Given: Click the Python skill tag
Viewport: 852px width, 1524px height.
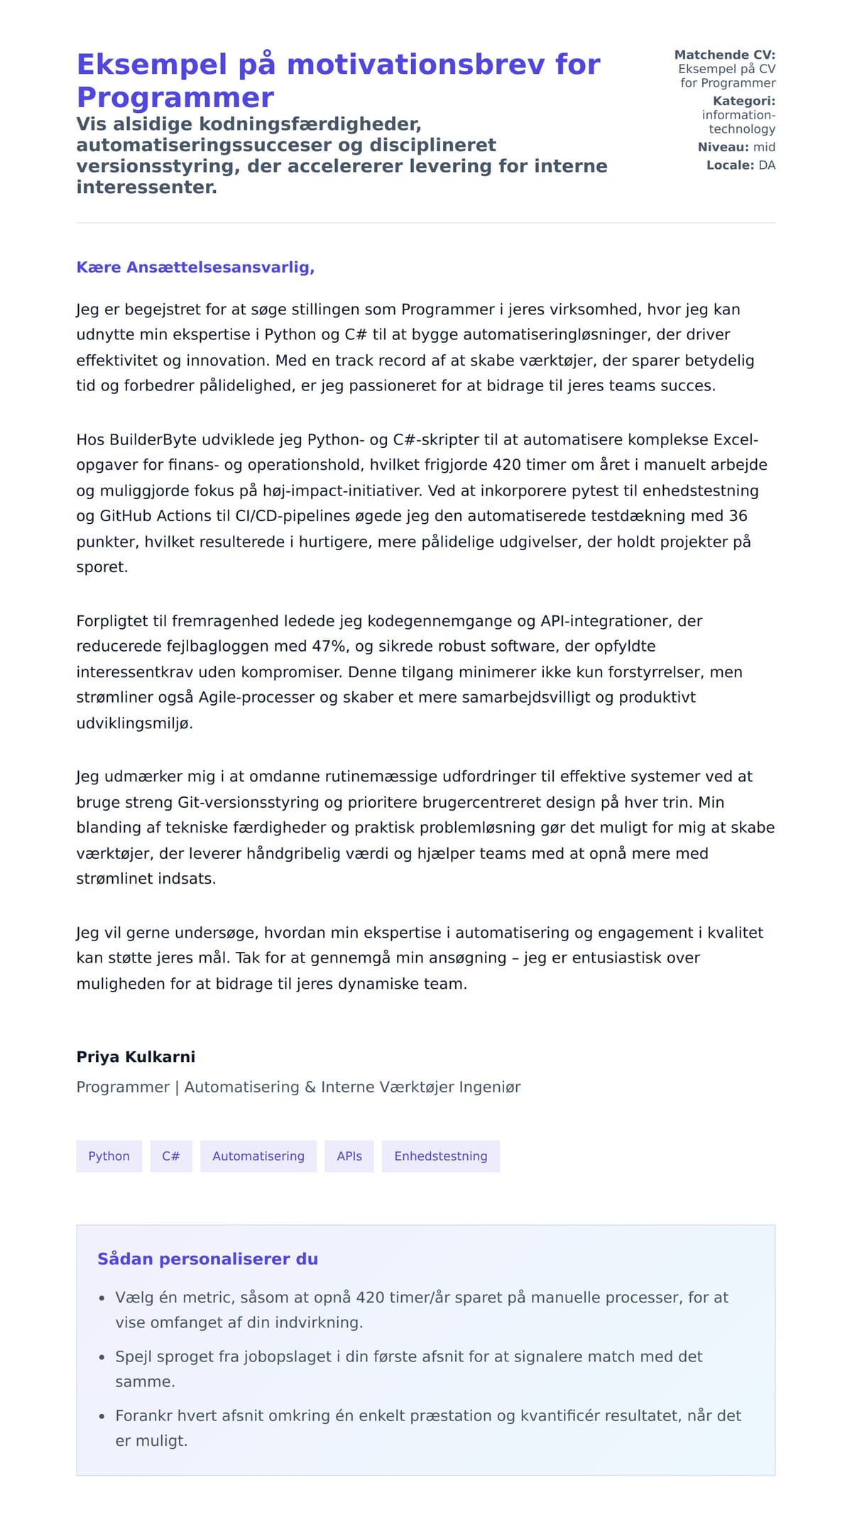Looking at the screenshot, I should click(x=109, y=1156).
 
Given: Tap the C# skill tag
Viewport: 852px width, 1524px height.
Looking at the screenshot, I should click(x=171, y=1156).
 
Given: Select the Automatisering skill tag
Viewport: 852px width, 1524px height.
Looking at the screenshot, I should click(x=258, y=1156).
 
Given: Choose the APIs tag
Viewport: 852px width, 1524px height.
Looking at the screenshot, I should click(x=349, y=1156).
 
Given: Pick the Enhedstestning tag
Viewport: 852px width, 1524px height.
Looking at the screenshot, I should click(x=441, y=1156).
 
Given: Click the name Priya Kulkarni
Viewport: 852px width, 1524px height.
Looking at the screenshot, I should click(x=136, y=1057).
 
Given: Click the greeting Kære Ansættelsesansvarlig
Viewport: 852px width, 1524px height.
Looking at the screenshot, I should click(x=195, y=268).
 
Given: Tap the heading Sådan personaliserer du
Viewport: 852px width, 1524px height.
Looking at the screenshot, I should click(x=207, y=1259).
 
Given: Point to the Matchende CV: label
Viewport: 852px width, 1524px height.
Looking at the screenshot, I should click(x=724, y=55).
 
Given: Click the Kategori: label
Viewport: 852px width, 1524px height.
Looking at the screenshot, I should click(x=743, y=101).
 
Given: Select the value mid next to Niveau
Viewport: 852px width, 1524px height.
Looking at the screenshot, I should click(x=764, y=147).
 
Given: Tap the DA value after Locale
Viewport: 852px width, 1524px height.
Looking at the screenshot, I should click(x=767, y=165).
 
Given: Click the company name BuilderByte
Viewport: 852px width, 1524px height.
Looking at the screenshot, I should click(x=146, y=440).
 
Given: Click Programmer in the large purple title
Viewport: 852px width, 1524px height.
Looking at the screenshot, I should click(x=175, y=97).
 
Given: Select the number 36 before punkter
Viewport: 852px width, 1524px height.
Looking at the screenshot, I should click(x=738, y=516).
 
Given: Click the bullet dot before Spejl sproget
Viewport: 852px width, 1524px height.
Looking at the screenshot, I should click(x=102, y=1357).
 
